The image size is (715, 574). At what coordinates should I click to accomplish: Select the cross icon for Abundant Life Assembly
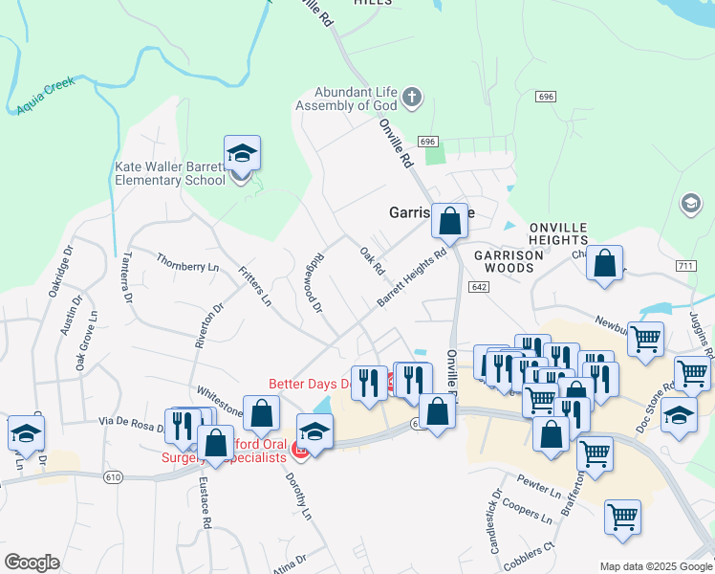pos(412,98)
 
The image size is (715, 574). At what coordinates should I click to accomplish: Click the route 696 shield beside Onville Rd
pos(428,142)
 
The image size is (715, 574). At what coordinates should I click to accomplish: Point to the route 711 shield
pos(683,265)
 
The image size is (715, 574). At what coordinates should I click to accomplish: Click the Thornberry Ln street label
pos(187,261)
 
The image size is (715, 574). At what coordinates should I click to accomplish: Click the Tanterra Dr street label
pos(127,276)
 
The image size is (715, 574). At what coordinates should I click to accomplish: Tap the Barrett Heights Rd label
pos(412,278)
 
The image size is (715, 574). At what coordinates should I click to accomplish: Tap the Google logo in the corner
pos(32,563)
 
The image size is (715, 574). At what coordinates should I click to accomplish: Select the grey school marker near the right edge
pos(690,204)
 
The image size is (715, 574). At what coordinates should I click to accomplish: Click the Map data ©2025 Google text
pos(655,565)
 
